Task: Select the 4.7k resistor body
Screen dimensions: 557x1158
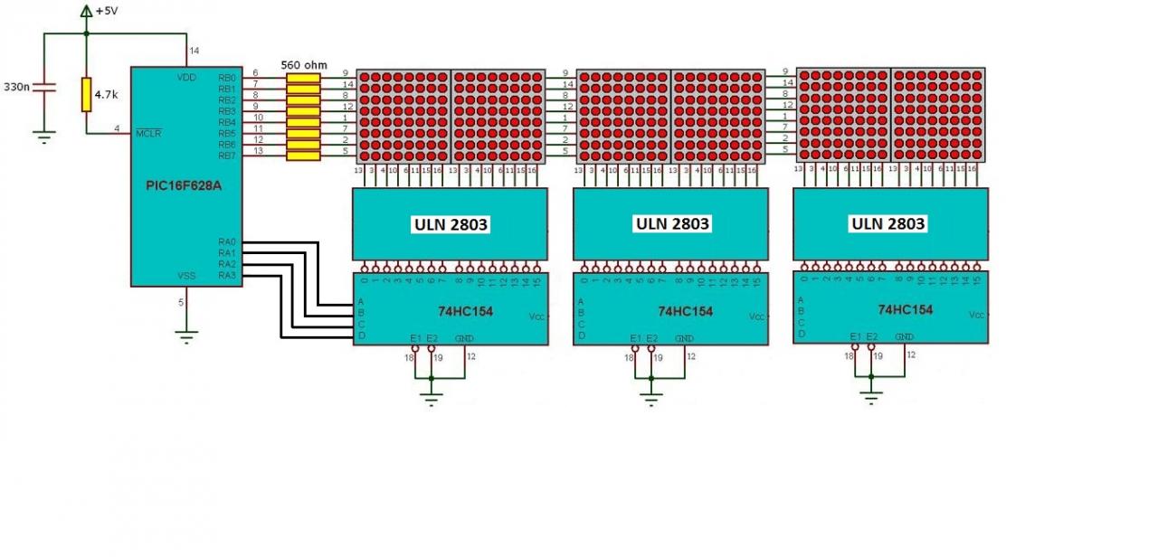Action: click(x=86, y=94)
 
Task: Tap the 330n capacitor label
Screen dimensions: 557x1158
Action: click(x=16, y=87)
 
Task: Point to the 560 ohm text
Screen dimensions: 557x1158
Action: click(x=303, y=65)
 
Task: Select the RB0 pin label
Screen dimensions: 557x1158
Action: click(x=226, y=79)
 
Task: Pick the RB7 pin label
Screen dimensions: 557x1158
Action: click(x=226, y=156)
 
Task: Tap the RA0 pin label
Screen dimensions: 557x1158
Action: click(x=226, y=242)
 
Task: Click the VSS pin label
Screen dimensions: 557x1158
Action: click(x=185, y=276)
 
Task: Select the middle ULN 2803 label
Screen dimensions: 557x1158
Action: click(x=672, y=223)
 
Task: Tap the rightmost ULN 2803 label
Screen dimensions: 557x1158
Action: click(x=888, y=222)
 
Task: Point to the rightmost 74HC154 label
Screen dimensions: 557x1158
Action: click(x=906, y=309)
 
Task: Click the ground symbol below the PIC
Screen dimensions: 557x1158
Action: click(x=185, y=337)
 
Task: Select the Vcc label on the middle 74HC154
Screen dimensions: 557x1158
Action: click(x=756, y=316)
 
